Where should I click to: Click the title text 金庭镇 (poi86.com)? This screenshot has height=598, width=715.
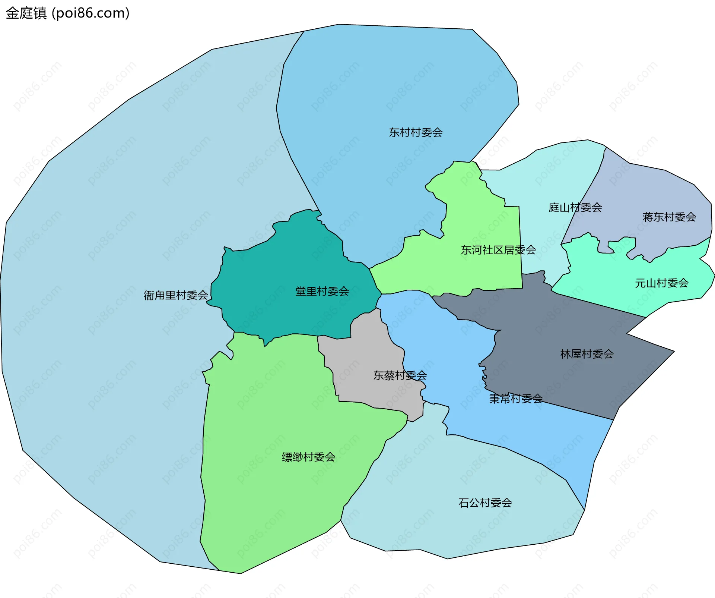click(x=68, y=13)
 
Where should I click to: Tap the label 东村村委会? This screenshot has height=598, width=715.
click(x=416, y=132)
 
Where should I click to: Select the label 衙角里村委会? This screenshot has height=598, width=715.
click(x=176, y=295)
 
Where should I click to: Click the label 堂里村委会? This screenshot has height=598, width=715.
click(x=322, y=291)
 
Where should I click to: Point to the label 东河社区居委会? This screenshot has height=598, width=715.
click(x=498, y=250)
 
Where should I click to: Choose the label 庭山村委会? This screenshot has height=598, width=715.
click(x=575, y=207)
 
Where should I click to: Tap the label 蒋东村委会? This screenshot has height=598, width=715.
click(x=669, y=217)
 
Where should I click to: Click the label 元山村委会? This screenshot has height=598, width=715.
click(x=661, y=283)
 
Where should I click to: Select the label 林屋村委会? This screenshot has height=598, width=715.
click(x=587, y=354)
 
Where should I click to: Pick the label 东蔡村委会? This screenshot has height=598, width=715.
click(x=400, y=375)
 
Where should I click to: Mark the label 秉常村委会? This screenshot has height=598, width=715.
click(x=516, y=399)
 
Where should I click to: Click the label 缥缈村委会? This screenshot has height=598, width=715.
click(x=308, y=457)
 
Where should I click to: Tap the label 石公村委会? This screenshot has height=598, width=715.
click(x=485, y=503)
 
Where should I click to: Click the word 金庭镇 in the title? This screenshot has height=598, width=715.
click(x=26, y=13)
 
